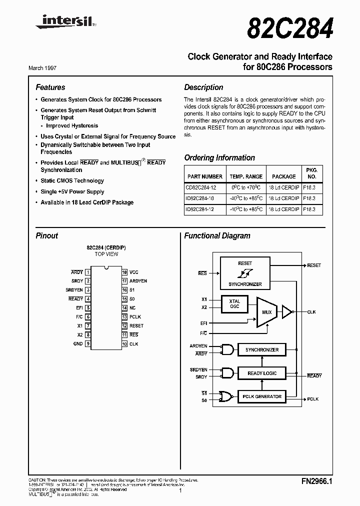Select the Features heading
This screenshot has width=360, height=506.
(x=50, y=87)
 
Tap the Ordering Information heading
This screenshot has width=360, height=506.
(x=219, y=158)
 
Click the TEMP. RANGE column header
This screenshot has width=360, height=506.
(x=246, y=176)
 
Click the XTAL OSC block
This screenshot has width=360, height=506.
(x=234, y=304)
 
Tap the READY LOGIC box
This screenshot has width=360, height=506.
(x=262, y=373)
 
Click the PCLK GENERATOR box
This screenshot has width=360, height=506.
(x=262, y=397)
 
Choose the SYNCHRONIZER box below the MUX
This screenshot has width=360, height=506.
(x=262, y=350)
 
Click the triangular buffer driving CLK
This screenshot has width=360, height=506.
(x=286, y=312)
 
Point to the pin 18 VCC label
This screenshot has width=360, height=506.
(x=134, y=272)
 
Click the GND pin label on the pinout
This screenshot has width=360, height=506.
(x=78, y=344)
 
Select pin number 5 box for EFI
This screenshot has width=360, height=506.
(x=88, y=308)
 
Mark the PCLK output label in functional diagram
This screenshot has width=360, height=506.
(x=313, y=399)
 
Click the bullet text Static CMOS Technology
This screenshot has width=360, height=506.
(x=72, y=181)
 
